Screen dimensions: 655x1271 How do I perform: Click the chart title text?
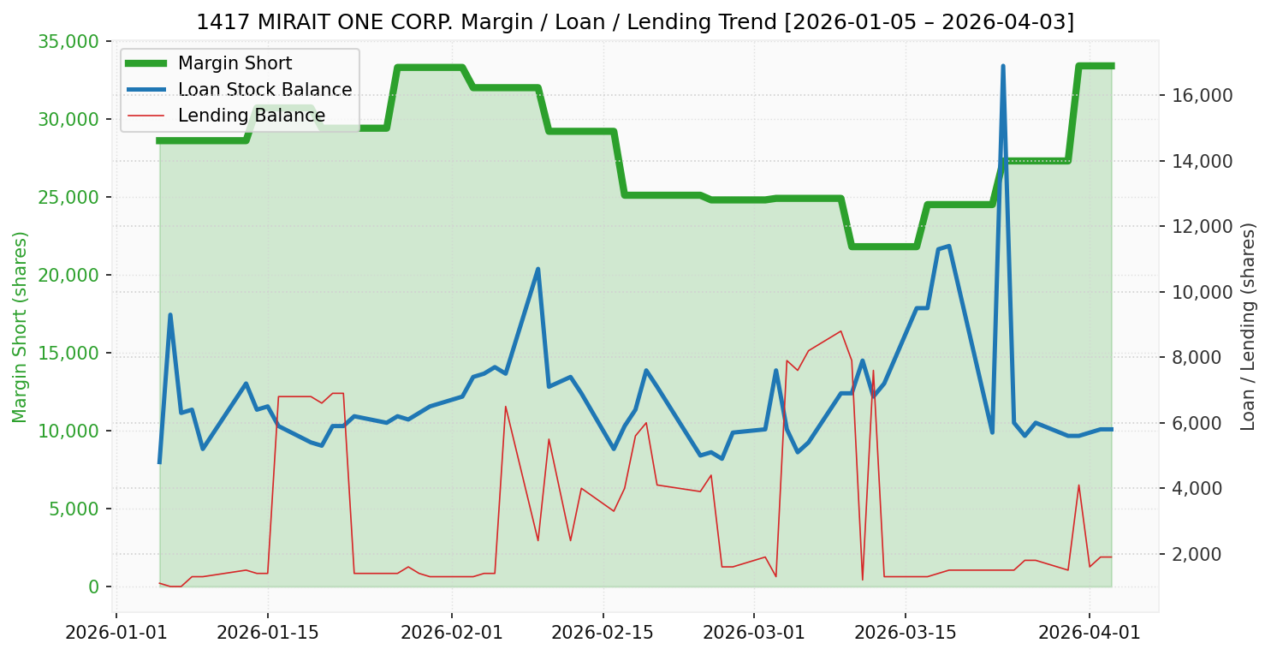[635, 22]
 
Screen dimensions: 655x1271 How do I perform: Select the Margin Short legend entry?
[235, 63]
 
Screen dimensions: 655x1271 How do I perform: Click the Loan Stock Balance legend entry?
[264, 90]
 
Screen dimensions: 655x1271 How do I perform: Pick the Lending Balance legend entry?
[251, 116]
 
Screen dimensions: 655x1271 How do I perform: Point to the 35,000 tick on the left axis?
[68, 41]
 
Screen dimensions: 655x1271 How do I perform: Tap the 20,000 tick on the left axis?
[68, 275]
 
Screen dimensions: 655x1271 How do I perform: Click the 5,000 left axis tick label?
[72, 509]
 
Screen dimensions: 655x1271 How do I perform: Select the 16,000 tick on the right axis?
[1203, 95]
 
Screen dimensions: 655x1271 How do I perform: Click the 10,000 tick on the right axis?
[1203, 292]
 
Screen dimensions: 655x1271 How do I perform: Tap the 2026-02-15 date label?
[603, 634]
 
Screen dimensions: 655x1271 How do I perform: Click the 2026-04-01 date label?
[1090, 634]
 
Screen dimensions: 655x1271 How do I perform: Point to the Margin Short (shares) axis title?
[20, 326]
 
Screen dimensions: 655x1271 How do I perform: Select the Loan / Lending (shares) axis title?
[1249, 326]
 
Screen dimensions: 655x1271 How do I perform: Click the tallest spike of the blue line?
[1002, 66]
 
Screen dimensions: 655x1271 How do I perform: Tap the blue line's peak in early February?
[538, 269]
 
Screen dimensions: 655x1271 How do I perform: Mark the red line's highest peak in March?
[840, 330]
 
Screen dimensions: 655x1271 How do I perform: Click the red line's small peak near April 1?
[1078, 485]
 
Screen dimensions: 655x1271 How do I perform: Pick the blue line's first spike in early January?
[170, 315]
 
